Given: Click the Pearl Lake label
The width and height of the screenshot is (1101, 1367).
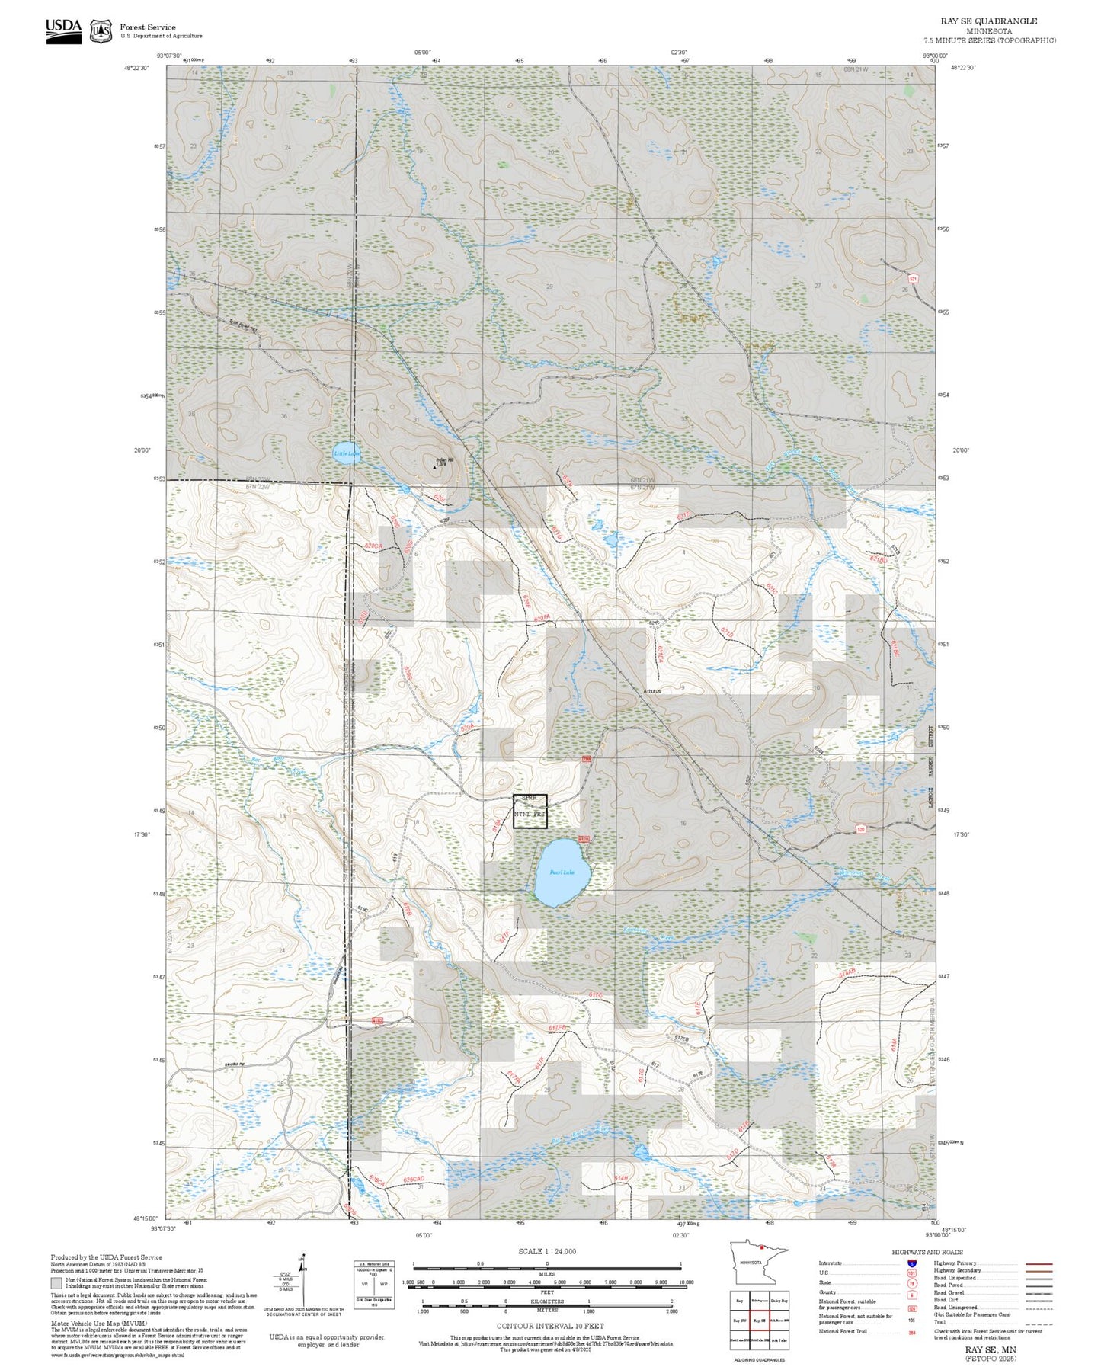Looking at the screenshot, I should tap(562, 872).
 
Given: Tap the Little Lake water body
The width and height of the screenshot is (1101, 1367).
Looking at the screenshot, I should tap(345, 452).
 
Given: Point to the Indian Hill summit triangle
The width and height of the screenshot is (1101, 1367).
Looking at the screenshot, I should tap(435, 466).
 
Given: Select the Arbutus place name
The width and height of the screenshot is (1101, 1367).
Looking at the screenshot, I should tap(652, 691).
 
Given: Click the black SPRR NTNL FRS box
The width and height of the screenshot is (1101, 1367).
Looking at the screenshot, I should tap(530, 810).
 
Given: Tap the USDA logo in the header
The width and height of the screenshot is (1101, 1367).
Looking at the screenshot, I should tap(63, 30).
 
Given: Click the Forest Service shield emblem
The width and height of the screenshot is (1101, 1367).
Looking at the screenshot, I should tap(101, 30).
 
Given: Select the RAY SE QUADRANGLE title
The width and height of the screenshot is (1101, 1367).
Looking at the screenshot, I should tap(988, 21).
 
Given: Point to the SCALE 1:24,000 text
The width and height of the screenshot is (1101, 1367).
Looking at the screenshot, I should tap(546, 1251).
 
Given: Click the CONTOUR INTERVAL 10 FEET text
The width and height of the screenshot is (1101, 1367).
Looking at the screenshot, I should tap(549, 1327).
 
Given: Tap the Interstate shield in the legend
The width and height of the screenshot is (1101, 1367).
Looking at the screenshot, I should tap(912, 1263).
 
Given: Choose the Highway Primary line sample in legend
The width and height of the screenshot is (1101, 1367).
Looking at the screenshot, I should tap(1039, 1263).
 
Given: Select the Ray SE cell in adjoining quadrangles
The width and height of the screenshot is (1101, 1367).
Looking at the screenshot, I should tap(759, 1321).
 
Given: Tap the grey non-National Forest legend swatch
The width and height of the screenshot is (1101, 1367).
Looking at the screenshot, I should tap(56, 1283).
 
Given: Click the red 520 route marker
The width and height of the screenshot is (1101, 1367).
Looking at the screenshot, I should tap(859, 830).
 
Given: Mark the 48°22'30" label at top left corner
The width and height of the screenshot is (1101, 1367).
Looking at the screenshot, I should tap(136, 68).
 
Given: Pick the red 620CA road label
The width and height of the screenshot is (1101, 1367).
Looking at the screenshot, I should tap(373, 546).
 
